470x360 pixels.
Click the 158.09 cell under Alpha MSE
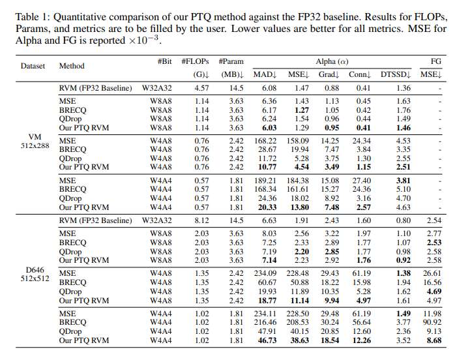point(299,140)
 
